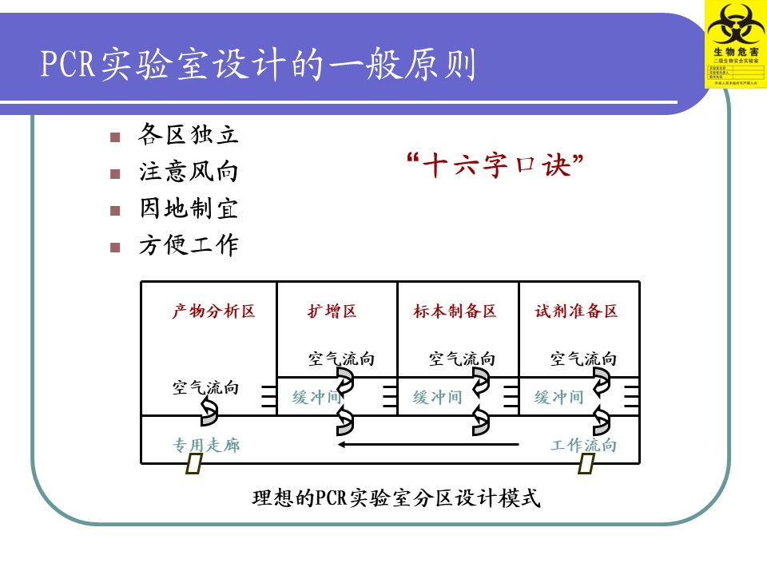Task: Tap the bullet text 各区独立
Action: [189, 135]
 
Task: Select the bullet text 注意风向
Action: [189, 172]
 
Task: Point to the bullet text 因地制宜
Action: [189, 209]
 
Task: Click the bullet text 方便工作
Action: [189, 246]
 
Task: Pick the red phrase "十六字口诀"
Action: [495, 167]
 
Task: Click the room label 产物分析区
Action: [213, 311]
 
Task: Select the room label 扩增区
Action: [332, 311]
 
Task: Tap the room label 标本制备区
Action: [455, 311]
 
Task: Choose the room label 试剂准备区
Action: [577, 311]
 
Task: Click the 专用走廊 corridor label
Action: [206, 446]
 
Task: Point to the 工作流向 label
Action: [583, 446]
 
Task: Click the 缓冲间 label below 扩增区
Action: [316, 398]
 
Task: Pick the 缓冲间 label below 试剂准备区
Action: [559, 398]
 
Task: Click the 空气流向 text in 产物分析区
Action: [205, 389]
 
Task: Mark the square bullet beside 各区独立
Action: [116, 137]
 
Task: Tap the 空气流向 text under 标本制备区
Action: [462, 359]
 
